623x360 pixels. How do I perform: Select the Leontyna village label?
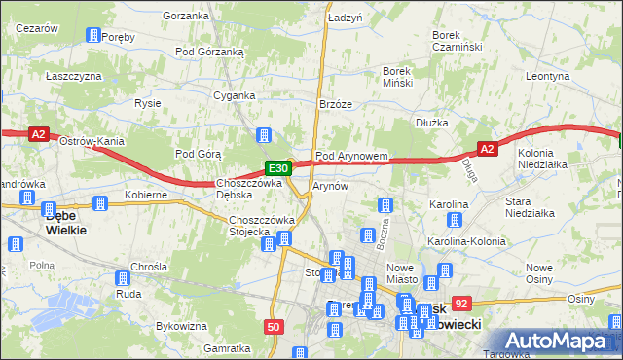546,75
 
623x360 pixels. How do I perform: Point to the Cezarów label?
38,29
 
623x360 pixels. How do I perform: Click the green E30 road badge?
275,167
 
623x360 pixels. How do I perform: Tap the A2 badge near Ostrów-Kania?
38,136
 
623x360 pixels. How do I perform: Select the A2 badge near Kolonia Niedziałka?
488,148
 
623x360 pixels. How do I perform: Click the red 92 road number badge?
461,304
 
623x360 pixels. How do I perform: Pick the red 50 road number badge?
274,328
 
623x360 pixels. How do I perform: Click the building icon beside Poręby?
92,36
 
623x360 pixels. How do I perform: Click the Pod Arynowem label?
351,156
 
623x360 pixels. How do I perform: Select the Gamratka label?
228,348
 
